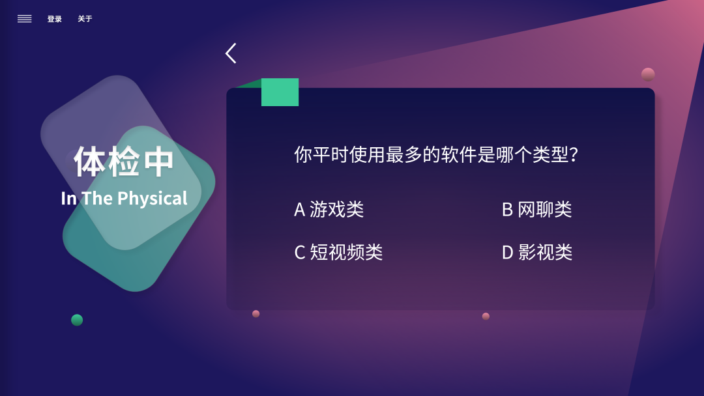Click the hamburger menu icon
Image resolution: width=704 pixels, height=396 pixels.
tap(25, 19)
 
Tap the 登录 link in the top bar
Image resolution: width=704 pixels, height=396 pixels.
tap(55, 19)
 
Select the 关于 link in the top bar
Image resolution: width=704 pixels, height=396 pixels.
tap(85, 19)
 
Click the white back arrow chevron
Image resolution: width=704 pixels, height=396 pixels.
tap(231, 53)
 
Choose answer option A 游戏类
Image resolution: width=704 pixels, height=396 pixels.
tap(329, 209)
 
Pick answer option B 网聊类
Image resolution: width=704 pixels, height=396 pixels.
tap(536, 209)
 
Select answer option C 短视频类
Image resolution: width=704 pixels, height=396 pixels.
tap(338, 252)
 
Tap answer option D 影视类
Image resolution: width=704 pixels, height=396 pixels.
tap(537, 252)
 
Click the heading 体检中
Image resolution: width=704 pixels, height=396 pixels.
tap(124, 162)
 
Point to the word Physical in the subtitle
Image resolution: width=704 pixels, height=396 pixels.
tap(153, 199)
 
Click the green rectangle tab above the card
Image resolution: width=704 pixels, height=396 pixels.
tap(280, 92)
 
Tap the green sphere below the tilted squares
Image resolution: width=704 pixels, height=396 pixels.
tap(77, 320)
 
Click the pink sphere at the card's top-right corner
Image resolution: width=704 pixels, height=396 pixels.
tap(648, 74)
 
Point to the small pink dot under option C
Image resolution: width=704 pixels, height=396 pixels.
tap(256, 314)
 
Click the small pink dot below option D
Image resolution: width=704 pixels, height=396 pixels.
tap(486, 317)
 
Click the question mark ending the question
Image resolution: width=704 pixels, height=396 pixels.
tap(574, 155)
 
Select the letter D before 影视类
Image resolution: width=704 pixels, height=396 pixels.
tap(508, 252)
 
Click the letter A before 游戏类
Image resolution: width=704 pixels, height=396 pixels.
tap(300, 209)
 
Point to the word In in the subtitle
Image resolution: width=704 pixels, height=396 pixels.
tap(68, 199)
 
